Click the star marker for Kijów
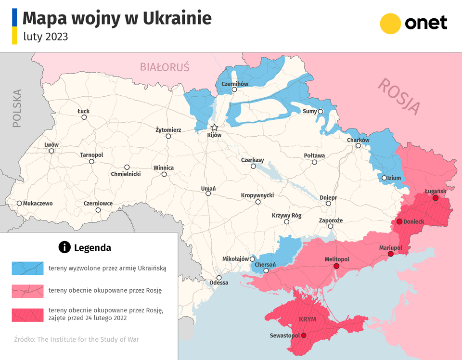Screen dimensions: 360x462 tap(215, 128)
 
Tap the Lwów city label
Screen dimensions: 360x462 tap(51, 144)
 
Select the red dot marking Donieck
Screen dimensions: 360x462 tap(399, 221)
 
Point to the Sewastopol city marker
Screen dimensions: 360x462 tap(303, 336)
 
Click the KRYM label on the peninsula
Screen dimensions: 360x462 tap(308, 319)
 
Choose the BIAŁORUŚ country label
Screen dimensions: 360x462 tap(165, 67)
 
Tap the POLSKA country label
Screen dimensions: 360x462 tap(17, 108)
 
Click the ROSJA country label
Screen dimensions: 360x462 tap(399, 96)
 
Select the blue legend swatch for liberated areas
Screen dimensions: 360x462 tap(27, 268)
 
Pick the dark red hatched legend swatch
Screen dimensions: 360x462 tap(27, 314)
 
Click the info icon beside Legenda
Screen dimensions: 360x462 tap(64, 247)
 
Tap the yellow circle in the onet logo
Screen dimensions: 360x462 tap(390, 24)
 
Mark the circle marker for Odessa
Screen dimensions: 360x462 tap(219, 278)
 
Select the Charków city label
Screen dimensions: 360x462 tap(358, 140)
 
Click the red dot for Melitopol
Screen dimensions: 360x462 tap(336, 266)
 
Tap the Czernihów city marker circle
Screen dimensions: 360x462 tap(234, 90)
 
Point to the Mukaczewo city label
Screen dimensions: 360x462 tap(38, 203)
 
